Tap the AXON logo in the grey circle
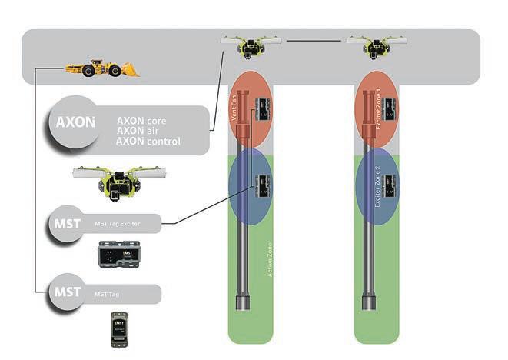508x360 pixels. click(75, 122)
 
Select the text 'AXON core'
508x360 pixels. click(141, 122)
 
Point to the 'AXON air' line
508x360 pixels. click(137, 132)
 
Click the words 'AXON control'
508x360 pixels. click(148, 142)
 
